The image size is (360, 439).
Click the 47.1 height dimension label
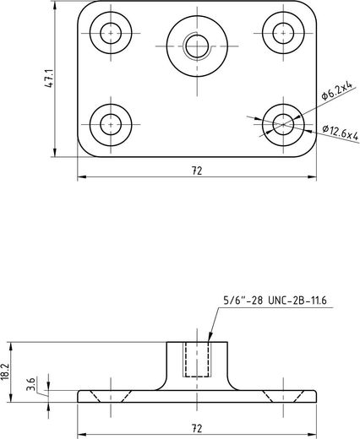49,79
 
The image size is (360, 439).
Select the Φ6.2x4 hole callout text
337,90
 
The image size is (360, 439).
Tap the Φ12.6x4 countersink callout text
341,133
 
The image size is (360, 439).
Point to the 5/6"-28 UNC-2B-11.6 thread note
275,301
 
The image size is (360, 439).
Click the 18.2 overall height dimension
6,371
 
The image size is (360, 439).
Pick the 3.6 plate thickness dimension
30,384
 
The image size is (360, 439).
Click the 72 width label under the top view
197,171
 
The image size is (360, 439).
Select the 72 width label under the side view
197,429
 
